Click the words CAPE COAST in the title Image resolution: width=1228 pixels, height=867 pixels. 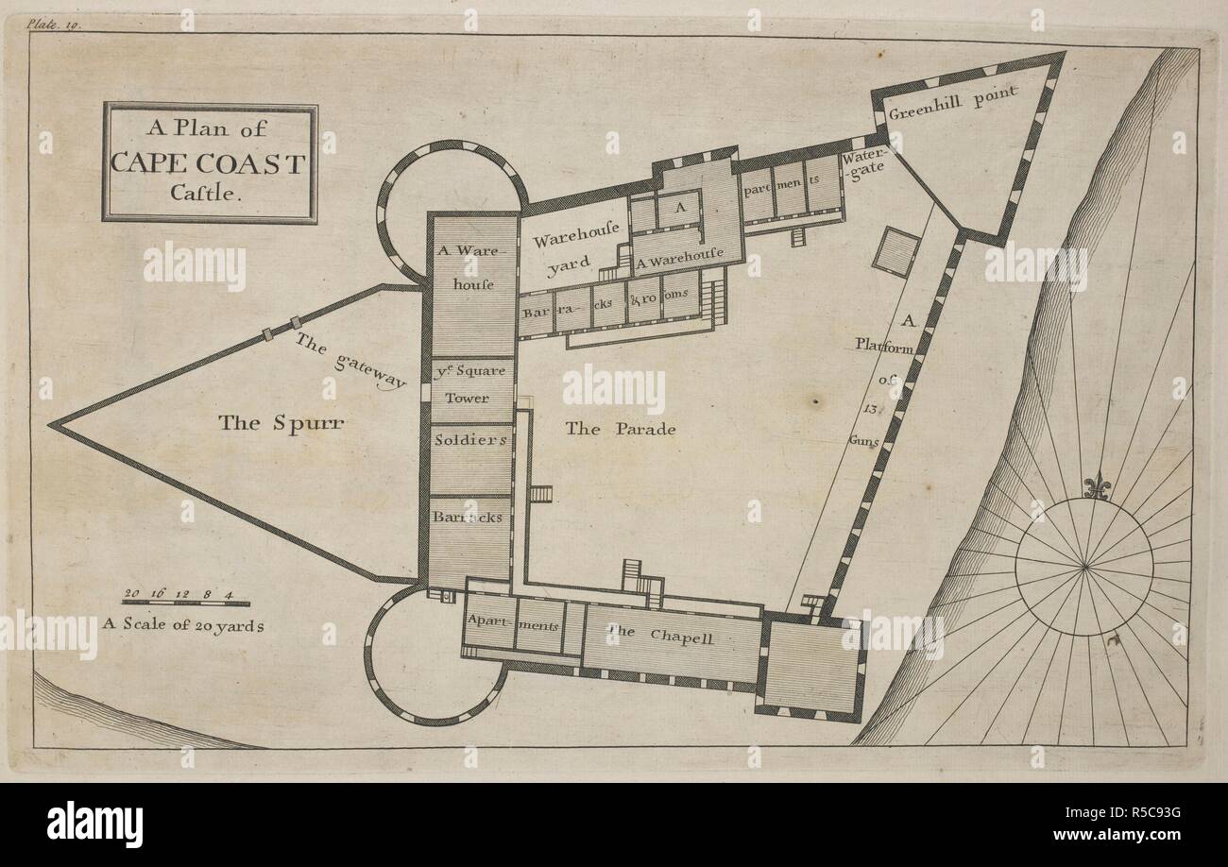coord(209,163)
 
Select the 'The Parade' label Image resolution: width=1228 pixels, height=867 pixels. coord(621,429)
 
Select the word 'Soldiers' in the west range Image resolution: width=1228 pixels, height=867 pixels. coord(470,440)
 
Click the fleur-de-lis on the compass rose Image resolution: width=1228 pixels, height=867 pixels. coord(1097,487)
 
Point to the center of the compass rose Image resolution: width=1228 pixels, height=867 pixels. coord(1084,567)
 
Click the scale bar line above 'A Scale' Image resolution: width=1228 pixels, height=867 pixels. coord(185,603)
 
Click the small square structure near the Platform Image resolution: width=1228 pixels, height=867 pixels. coord(895,252)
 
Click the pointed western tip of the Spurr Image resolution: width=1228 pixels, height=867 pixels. coord(52,426)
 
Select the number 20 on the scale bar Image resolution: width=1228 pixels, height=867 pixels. coord(132,593)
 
